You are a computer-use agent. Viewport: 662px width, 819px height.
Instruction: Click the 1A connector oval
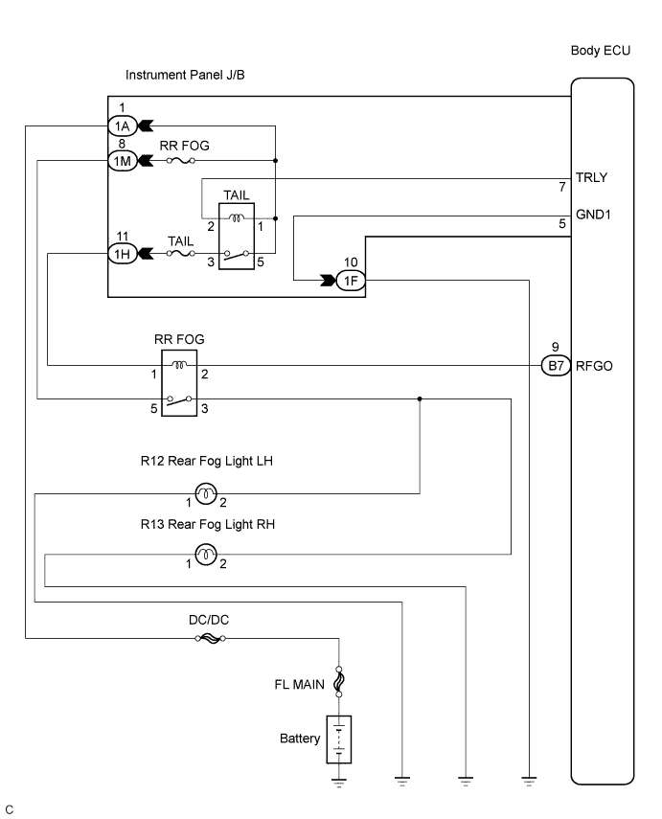[121, 125]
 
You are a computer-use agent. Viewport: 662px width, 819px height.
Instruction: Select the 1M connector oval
[121, 161]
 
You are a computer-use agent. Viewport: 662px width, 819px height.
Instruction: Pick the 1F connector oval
[351, 280]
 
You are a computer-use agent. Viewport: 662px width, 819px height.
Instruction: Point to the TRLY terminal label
[591, 177]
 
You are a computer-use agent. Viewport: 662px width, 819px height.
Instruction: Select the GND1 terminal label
[593, 215]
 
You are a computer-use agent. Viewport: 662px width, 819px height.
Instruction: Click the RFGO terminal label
[594, 364]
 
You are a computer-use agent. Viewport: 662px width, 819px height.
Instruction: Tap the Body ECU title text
[600, 51]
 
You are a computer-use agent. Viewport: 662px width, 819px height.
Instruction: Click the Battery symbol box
[339, 739]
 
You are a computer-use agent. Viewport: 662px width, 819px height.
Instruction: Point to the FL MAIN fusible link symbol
[339, 684]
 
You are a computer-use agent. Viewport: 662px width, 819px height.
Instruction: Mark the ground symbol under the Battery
[339, 780]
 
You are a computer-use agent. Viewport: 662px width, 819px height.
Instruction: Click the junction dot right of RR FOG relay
[420, 398]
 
